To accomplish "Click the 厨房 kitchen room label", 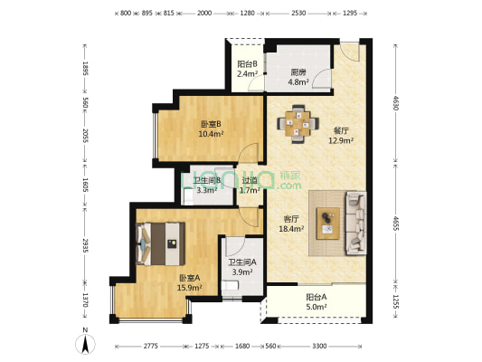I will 298,72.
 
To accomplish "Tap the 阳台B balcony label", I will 248,64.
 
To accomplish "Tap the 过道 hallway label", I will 250,179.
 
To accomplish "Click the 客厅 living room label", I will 292,219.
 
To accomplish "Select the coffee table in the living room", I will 328,223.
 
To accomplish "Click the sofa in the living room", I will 355,222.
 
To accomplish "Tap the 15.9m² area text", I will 190,288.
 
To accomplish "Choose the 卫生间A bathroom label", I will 241,262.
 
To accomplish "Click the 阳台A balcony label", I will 316,297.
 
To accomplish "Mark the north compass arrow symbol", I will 85,342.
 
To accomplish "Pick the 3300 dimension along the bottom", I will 319,348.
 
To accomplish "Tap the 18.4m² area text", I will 292,230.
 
